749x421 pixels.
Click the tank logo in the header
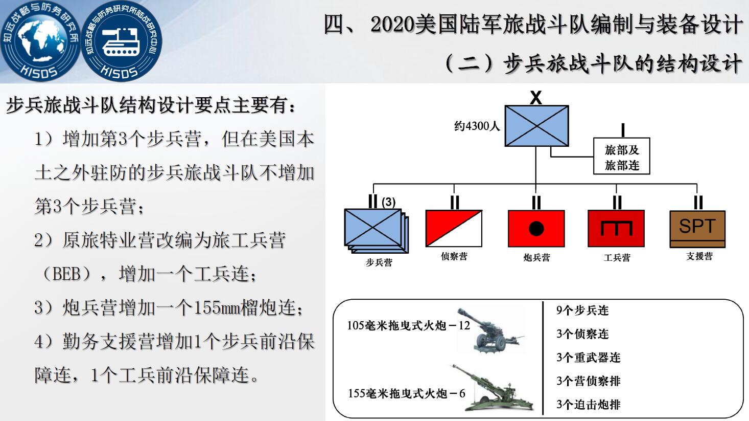tap(122, 41)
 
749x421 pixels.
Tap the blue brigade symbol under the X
tap(536, 126)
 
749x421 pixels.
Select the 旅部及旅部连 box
tap(622, 156)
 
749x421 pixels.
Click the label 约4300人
tap(477, 126)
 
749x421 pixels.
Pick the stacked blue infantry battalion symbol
tap(377, 231)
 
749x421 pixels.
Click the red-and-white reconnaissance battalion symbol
tap(454, 228)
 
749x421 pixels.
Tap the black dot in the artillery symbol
tap(536, 229)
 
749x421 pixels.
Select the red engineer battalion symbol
tap(616, 229)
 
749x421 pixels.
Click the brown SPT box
tap(697, 229)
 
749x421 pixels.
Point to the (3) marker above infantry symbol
tap(388, 202)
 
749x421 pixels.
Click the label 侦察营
tap(454, 256)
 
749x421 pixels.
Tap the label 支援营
tap(699, 256)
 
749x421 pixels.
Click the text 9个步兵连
tap(582, 310)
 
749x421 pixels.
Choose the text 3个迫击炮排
tap(589, 405)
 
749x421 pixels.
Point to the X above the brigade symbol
tap(536, 98)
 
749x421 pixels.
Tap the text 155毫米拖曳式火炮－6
tap(407, 393)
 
